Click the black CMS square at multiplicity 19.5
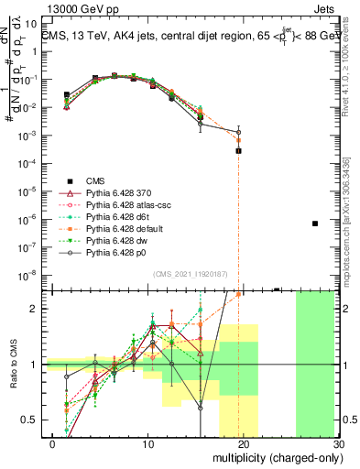238,150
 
